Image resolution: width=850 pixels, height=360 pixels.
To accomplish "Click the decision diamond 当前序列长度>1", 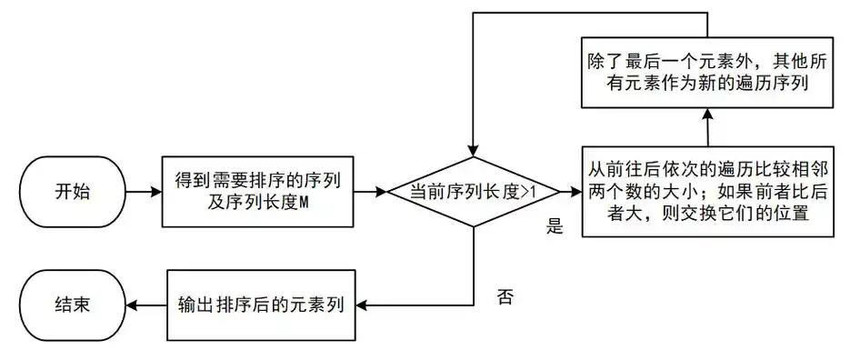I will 472,193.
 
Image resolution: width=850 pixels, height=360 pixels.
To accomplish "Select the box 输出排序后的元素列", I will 260,305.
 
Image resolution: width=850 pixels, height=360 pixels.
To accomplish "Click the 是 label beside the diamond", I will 555,228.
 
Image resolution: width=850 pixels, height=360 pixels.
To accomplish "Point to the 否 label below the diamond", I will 506,297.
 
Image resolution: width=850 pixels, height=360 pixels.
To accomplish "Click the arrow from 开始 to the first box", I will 142,194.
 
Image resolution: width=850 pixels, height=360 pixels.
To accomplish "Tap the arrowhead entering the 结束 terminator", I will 131,305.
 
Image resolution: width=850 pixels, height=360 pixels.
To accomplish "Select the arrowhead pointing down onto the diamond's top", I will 473,146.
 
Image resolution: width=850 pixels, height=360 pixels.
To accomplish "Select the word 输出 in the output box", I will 194,305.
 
